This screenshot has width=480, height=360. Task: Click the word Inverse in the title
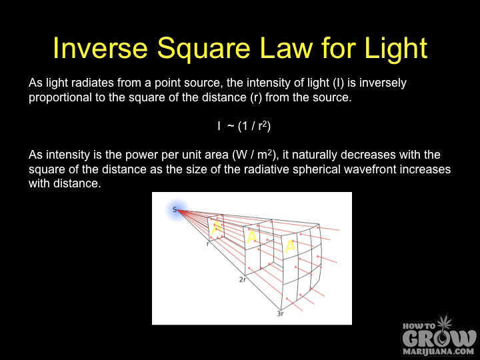click(97, 49)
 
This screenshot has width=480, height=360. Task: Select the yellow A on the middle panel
click(251, 237)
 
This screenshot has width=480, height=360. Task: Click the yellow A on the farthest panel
click(289, 246)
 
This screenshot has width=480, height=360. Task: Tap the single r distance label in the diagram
click(208, 245)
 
